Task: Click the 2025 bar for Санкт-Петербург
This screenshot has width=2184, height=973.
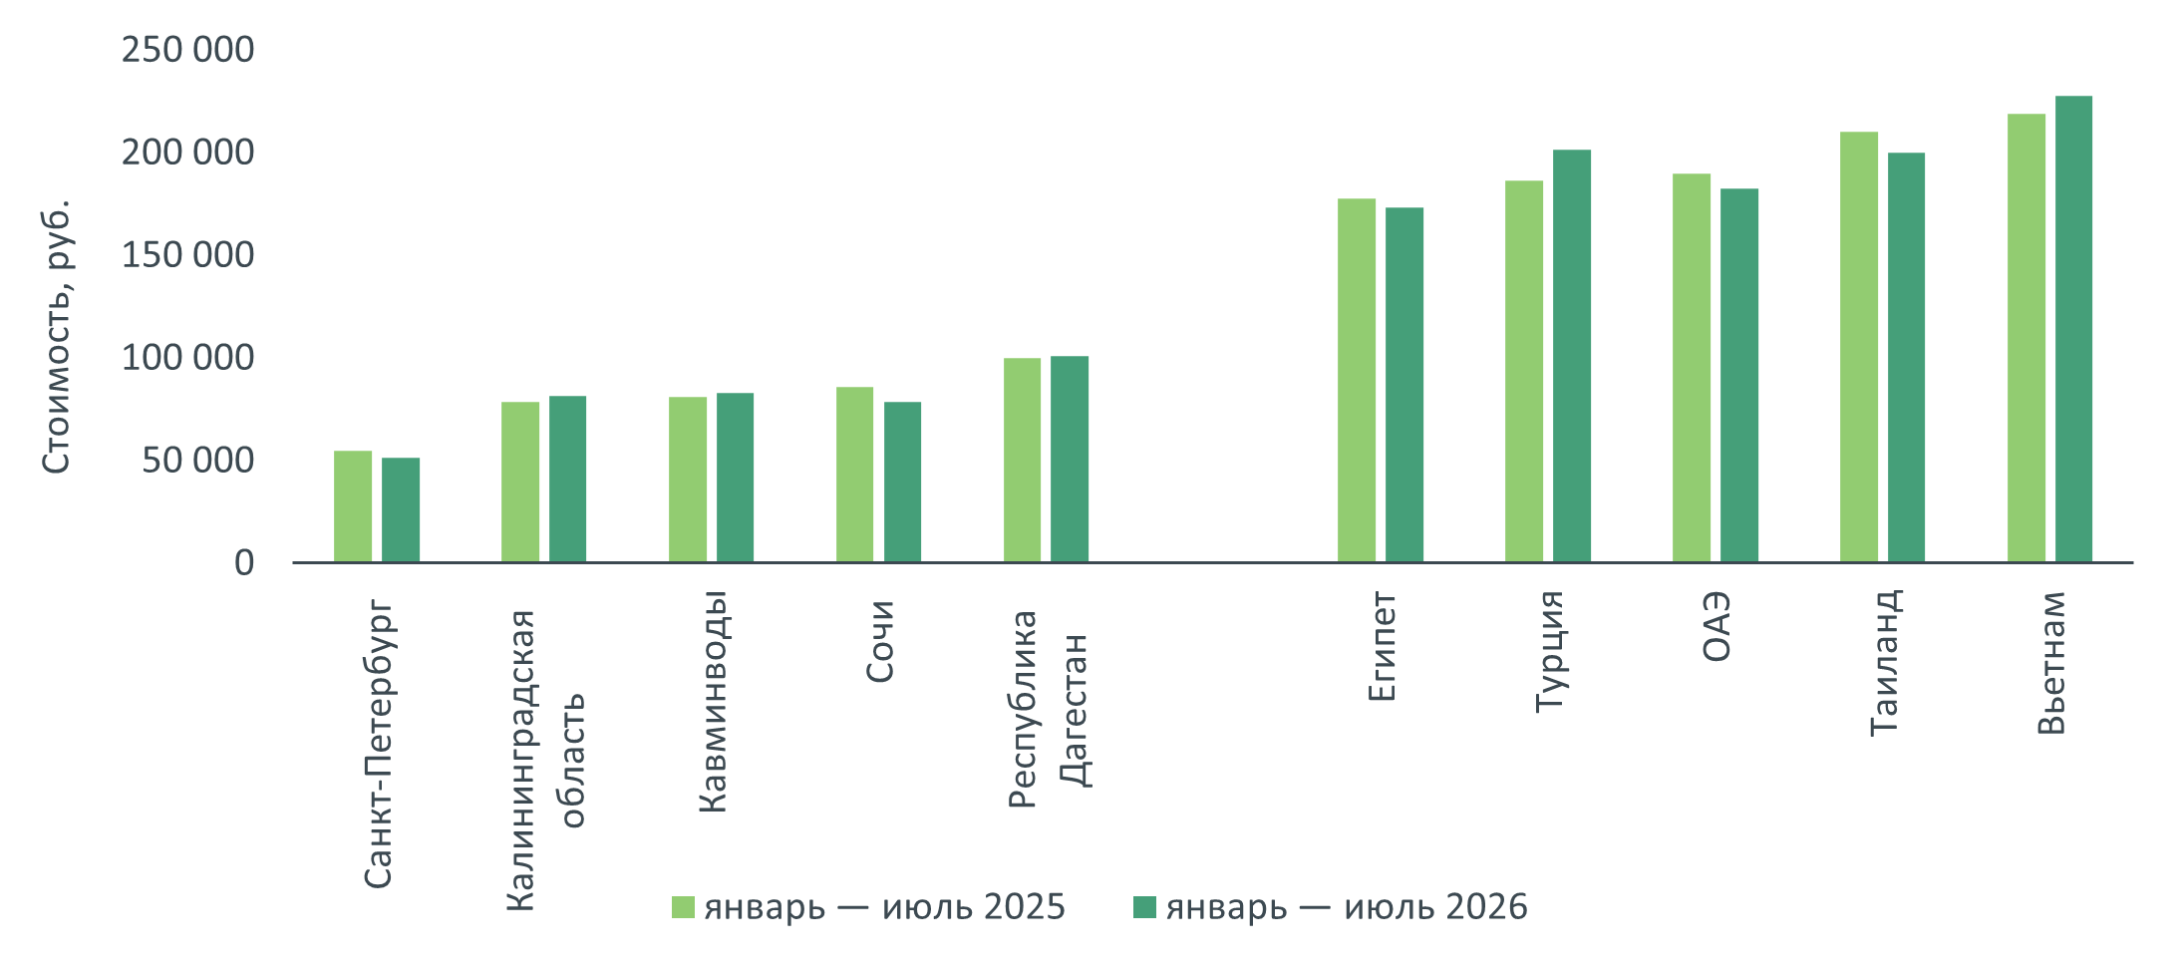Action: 353,506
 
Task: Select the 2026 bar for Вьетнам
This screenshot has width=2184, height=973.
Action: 2073,329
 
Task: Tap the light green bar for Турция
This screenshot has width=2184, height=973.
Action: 1524,371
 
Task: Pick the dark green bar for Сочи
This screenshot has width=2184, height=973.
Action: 902,483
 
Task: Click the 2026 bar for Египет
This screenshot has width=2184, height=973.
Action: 1404,385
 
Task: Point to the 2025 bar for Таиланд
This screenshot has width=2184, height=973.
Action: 1859,347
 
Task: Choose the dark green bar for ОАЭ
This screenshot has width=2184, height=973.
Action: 1739,375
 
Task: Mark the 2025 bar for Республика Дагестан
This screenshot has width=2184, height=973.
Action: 1022,460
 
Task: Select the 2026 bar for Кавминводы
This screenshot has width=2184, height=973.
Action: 735,478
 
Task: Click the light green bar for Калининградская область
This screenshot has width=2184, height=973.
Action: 520,483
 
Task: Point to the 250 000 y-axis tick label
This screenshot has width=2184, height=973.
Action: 187,49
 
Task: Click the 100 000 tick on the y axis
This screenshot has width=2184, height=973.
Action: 187,357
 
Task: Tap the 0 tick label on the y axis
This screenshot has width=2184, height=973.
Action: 244,563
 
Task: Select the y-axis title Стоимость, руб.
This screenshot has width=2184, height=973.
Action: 56,337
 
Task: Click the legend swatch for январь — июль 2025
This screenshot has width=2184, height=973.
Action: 683,907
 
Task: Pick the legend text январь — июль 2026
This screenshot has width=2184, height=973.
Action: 1347,907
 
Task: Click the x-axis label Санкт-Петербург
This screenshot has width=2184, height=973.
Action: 378,744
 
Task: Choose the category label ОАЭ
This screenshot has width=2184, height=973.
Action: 1716,627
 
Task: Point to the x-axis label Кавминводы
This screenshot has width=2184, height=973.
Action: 713,702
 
